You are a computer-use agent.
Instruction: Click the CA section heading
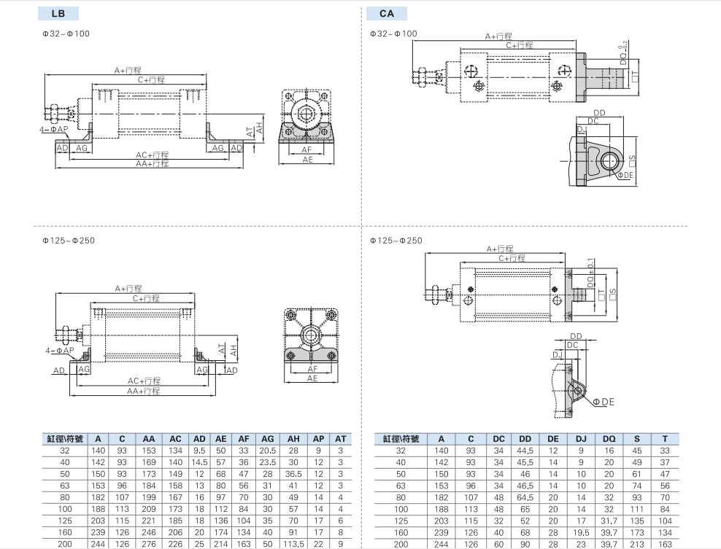[386, 13]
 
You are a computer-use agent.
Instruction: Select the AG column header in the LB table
[268, 439]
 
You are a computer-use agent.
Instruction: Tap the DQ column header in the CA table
[609, 439]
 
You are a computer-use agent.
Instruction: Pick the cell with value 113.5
[293, 544]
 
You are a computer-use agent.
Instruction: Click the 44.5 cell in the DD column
[525, 451]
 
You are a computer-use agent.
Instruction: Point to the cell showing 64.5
[525, 497]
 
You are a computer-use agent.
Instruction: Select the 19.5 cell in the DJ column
[581, 532]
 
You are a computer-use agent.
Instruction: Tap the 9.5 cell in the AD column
[199, 451]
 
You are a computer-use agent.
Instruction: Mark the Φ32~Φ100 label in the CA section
[393, 34]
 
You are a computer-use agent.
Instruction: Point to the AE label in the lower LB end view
[312, 378]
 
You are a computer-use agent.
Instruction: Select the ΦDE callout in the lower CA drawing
[604, 402]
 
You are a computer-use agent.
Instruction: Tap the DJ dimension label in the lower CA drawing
[557, 354]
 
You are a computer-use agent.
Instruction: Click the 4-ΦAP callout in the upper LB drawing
[53, 129]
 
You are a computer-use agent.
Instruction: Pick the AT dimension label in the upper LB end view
[250, 132]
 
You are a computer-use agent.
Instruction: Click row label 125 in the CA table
[401, 521]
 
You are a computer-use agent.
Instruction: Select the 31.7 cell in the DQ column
[609, 521]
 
